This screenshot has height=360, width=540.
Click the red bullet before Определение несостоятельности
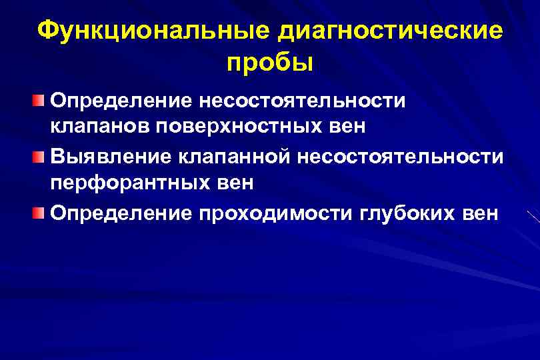click(x=40, y=101)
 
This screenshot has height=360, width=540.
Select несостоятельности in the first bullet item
click(x=299, y=101)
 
